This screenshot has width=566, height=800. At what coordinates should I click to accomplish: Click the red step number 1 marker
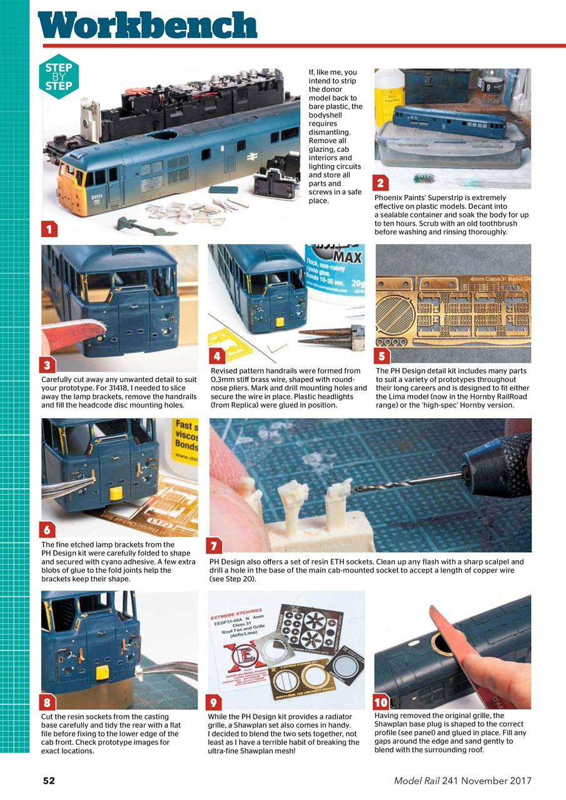pyautogui.click(x=49, y=229)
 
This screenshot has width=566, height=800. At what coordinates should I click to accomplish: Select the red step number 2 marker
pyautogui.click(x=382, y=182)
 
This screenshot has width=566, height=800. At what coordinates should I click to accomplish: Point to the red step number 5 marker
pyautogui.click(x=382, y=356)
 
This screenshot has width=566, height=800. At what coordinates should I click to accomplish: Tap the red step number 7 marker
pyautogui.click(x=213, y=546)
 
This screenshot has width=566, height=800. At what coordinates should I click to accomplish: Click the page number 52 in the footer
pyautogui.click(x=49, y=781)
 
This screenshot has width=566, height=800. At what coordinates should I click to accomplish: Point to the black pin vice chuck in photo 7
pyautogui.click(x=493, y=461)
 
